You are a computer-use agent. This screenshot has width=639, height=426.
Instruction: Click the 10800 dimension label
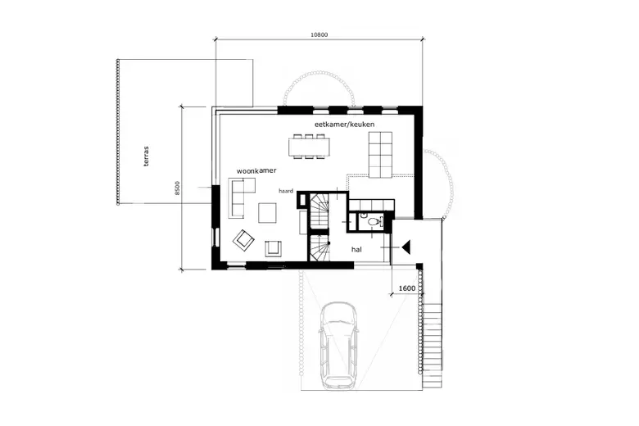(x=319, y=34)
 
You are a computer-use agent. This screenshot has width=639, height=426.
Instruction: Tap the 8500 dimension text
(x=177, y=188)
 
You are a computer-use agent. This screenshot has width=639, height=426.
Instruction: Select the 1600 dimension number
(x=406, y=288)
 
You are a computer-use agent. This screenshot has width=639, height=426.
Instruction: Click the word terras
(x=147, y=156)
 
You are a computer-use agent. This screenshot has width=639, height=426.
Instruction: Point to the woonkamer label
(x=256, y=170)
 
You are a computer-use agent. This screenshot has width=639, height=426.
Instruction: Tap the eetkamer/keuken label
(x=344, y=124)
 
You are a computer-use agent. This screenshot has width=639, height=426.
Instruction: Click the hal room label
(x=356, y=250)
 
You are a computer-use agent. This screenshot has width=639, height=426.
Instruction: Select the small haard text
(x=286, y=191)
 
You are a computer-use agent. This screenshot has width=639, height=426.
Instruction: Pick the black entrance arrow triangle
(x=406, y=247)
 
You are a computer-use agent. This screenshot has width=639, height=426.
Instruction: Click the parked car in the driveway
(x=339, y=345)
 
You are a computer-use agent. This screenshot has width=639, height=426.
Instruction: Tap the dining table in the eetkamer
(x=310, y=146)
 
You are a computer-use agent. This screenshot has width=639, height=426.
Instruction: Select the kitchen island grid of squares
(x=380, y=155)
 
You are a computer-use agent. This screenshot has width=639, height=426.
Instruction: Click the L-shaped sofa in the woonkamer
(x=240, y=197)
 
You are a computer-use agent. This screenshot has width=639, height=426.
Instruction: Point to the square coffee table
(x=267, y=213)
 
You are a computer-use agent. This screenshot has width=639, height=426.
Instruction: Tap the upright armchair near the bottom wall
(x=273, y=248)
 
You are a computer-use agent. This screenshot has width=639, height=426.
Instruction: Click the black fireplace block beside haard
(x=304, y=200)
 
